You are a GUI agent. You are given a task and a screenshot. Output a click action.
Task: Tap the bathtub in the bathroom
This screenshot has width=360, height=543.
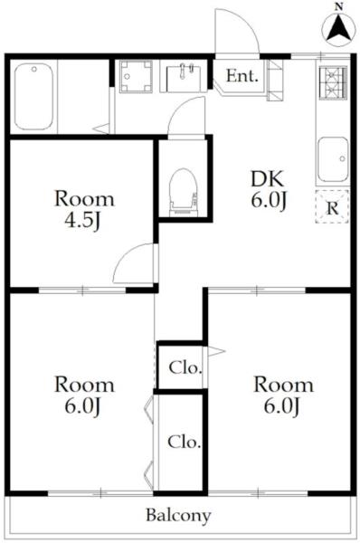34,96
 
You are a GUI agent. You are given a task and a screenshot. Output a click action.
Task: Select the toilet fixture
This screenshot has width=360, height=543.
184,193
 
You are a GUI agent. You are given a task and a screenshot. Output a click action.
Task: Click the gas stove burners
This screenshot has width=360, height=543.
333,82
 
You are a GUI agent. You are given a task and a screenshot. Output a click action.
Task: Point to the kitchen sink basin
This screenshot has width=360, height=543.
333,159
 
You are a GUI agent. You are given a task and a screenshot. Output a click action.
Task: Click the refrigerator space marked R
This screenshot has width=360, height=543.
332,206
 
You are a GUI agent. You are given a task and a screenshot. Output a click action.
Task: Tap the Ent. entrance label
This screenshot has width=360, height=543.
242,76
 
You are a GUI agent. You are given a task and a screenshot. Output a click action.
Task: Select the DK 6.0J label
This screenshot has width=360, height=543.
268,189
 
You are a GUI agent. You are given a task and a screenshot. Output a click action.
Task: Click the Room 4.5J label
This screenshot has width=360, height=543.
84,210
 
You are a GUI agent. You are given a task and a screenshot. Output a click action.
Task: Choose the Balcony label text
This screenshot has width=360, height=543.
178,515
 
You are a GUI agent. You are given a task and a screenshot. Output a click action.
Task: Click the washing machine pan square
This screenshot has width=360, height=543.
136,77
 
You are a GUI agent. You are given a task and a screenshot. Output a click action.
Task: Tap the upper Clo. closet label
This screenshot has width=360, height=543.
185,367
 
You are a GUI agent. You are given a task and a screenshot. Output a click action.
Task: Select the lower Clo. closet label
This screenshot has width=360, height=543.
185,442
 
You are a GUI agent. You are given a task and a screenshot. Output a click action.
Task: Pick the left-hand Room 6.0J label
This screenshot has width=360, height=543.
84,395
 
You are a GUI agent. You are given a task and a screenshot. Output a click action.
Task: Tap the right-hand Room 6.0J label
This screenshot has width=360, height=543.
283,395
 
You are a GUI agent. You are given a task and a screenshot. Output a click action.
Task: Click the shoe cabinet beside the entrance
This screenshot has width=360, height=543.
275,81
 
